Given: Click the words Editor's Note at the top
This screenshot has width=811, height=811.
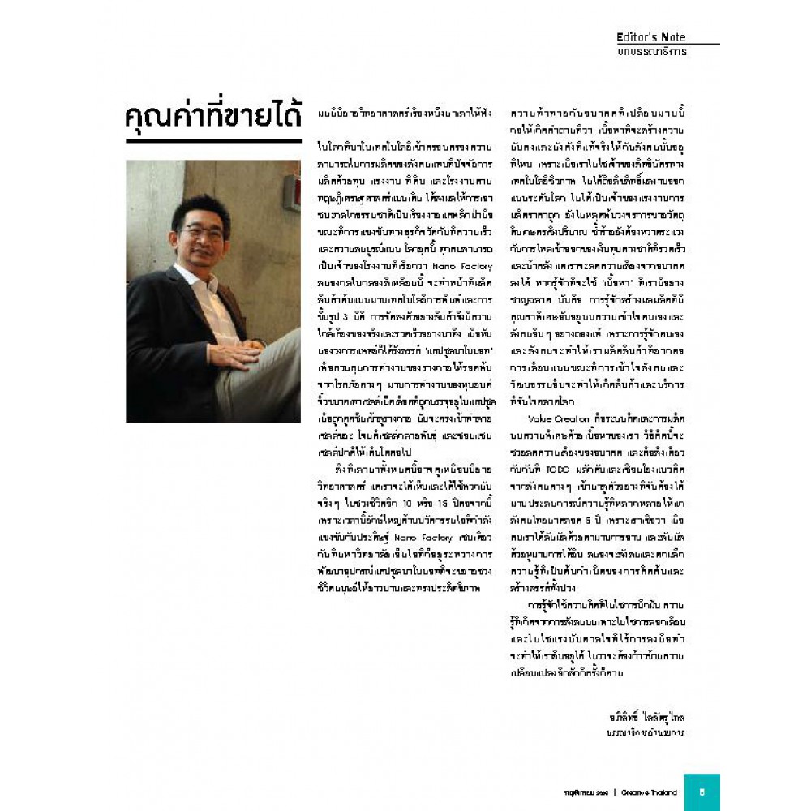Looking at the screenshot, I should (x=650, y=37).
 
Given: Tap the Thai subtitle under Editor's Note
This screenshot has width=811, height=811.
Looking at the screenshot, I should (x=651, y=52).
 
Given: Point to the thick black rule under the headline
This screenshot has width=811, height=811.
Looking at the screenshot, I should (x=213, y=141).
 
